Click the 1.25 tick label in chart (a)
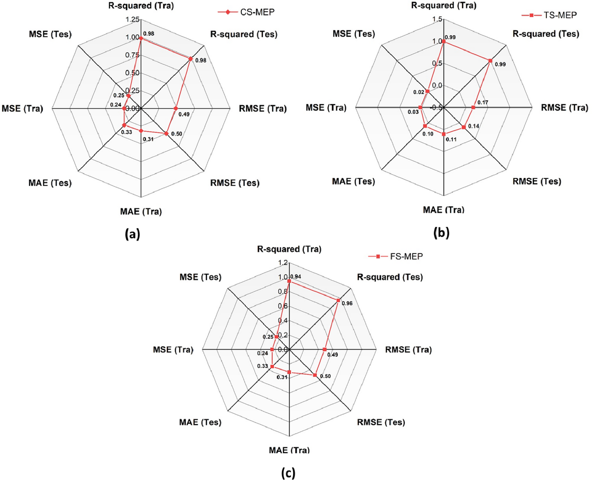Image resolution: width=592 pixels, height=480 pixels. pos(133,20)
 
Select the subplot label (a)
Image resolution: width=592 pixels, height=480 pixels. pos(132,234)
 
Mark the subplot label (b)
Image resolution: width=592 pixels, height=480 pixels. pos(441,233)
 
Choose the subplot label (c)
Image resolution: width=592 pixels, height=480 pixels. pos(288,473)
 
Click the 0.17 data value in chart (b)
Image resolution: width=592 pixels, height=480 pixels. pos(482,102)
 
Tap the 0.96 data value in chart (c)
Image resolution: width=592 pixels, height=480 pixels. pos(347,303)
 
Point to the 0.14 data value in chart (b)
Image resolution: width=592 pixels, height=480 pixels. pos(473,126)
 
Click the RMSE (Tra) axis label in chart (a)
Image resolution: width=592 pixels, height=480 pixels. pos(263,109)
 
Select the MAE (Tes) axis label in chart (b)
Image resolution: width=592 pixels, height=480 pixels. pos(353,182)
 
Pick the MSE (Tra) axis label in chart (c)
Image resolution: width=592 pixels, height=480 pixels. pos(173,350)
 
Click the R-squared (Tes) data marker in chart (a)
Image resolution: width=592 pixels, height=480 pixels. pos(190,59)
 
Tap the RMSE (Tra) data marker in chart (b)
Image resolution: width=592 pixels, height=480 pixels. pos(473,107)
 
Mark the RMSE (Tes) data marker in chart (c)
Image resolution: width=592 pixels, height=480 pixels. pos(315,375)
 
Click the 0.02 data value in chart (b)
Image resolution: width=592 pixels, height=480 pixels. pos(418,92)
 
